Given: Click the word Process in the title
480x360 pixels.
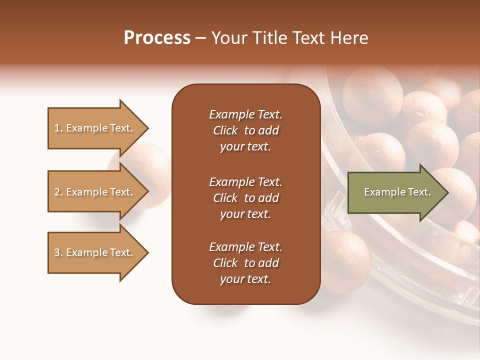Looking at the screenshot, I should (x=157, y=38).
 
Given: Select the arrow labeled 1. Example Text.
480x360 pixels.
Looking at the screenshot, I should (x=93, y=128).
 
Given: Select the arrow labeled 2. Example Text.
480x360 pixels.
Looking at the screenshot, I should (x=93, y=192).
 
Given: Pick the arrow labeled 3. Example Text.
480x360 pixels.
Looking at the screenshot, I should (x=93, y=252).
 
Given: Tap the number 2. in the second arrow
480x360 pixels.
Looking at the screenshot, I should (x=58, y=192).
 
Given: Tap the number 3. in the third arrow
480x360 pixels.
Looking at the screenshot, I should (x=58, y=252).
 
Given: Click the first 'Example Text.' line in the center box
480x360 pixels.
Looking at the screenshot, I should (x=245, y=114).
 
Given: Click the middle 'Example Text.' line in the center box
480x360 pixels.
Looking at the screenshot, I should (x=245, y=181).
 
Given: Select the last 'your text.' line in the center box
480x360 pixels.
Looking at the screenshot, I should (x=245, y=279).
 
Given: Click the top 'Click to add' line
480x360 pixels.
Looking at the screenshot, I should (x=245, y=130).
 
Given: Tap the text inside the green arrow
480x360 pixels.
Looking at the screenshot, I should (x=397, y=192).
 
